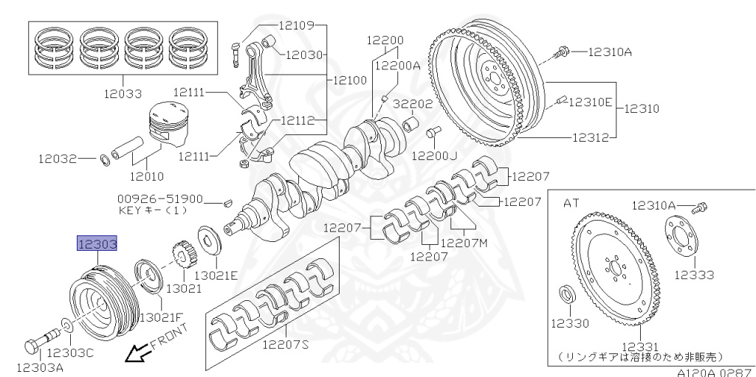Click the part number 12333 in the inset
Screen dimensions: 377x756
(x=693, y=275)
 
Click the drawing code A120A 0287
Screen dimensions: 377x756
(x=712, y=372)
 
